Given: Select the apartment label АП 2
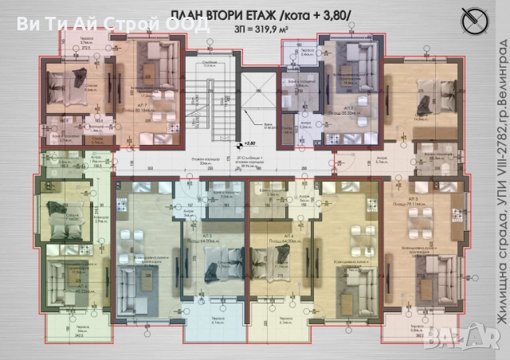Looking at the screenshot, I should pyautogui.click(x=348, y=108).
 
